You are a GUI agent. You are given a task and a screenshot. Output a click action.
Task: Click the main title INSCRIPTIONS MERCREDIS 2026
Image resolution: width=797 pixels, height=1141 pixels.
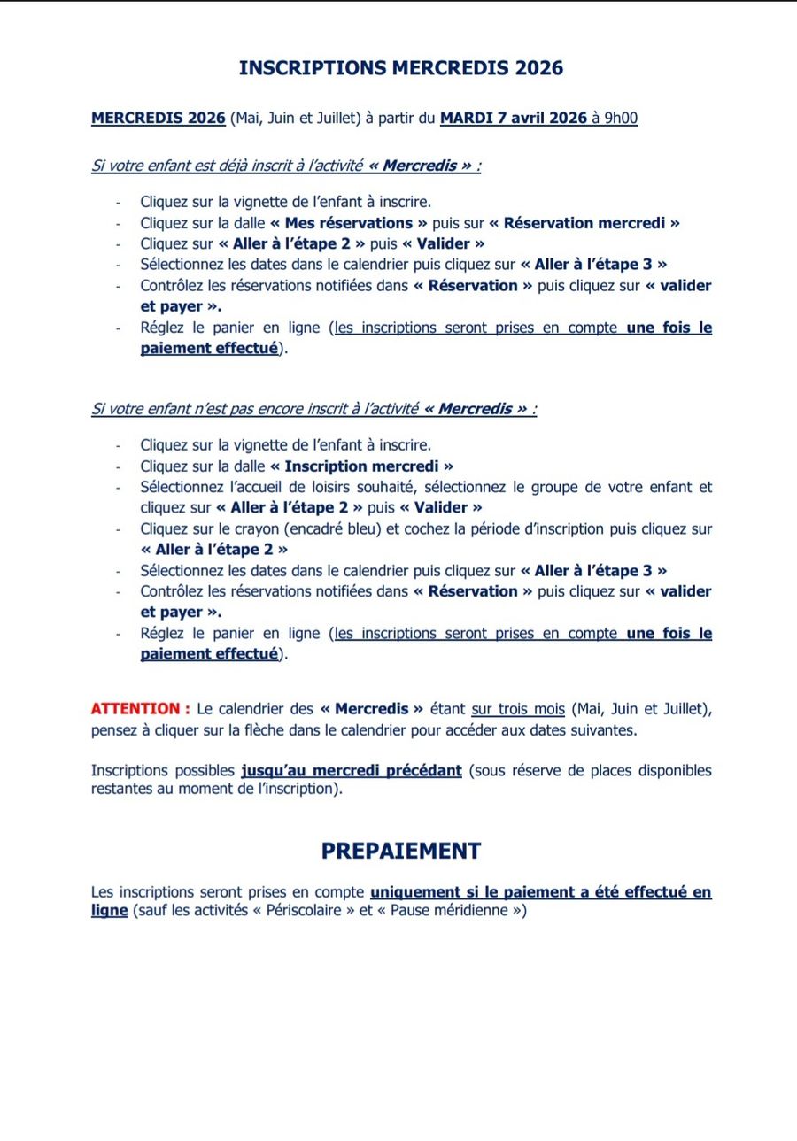click(x=400, y=68)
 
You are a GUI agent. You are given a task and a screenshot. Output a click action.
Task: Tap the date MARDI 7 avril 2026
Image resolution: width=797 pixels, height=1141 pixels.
click(x=514, y=118)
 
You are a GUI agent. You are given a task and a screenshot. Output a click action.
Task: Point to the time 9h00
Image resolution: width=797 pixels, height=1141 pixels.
click(x=621, y=118)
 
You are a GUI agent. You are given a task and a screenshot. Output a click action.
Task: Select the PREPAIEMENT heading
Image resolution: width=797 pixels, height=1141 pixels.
click(x=400, y=851)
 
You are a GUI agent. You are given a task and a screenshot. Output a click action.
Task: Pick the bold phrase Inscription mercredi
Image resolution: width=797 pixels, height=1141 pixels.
click(x=361, y=466)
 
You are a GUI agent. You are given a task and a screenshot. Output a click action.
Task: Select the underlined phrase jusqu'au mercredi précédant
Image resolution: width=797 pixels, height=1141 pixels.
click(x=351, y=770)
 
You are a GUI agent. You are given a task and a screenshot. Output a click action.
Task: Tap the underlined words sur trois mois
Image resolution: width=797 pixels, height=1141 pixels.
click(x=518, y=709)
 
